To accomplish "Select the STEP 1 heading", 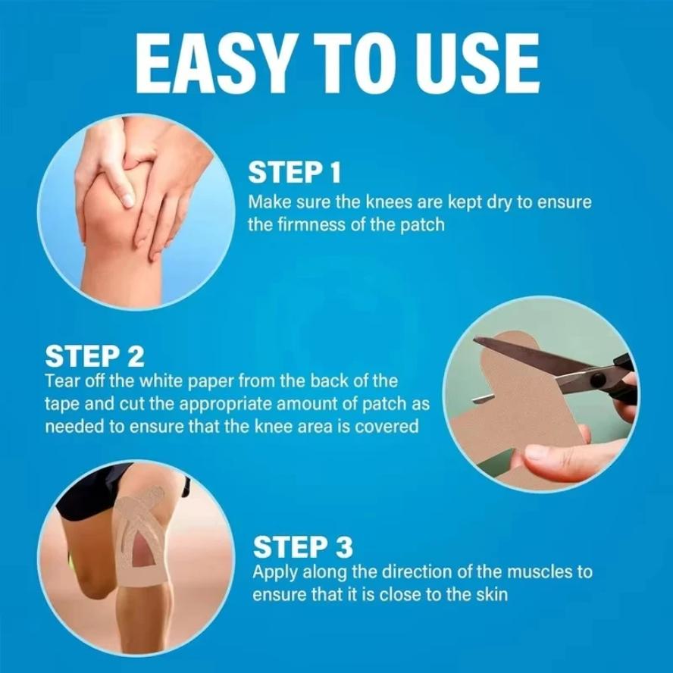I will click(x=295, y=173).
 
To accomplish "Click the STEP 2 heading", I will click(x=95, y=355).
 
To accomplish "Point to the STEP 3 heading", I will click(x=302, y=546).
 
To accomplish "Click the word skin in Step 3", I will click(x=490, y=593).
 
